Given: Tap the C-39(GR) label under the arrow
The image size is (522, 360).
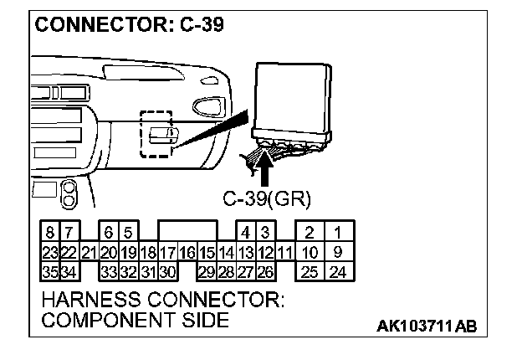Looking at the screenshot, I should (267, 198).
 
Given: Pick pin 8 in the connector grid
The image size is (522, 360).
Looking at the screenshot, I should (50, 232).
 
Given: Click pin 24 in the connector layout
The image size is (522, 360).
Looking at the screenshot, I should (338, 271).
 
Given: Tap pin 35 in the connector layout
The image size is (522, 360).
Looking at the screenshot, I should (49, 271).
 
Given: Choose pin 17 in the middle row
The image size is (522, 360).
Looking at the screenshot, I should (167, 252).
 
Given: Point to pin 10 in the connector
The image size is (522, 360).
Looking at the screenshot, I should (310, 252).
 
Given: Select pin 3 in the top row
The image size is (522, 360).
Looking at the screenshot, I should (265, 232).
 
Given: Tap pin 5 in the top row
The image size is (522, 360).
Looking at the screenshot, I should (128, 232).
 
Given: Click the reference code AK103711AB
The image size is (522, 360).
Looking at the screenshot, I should (427, 325).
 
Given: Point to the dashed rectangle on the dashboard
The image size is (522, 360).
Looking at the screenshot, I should (157, 133).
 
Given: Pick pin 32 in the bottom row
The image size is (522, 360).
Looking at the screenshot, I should (128, 271).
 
